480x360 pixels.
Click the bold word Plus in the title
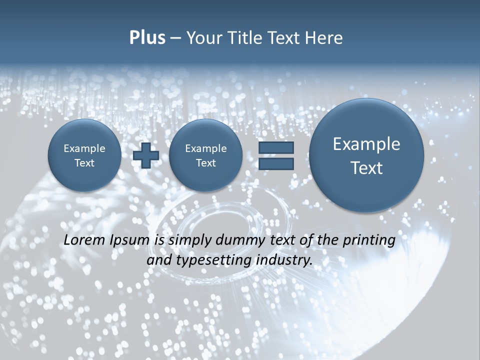click(147, 38)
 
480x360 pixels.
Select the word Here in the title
click(325, 38)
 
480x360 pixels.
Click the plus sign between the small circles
click(146, 155)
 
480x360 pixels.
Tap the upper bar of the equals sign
click(276, 147)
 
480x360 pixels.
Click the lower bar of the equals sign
click(276, 163)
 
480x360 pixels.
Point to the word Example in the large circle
click(366, 144)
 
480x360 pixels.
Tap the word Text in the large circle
click(366, 168)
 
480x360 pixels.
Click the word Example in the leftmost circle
click(84, 148)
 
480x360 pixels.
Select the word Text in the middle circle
click(205, 163)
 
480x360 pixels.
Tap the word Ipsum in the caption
click(131, 240)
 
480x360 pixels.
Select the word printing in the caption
click(371, 240)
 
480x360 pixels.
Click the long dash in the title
click(175, 38)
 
